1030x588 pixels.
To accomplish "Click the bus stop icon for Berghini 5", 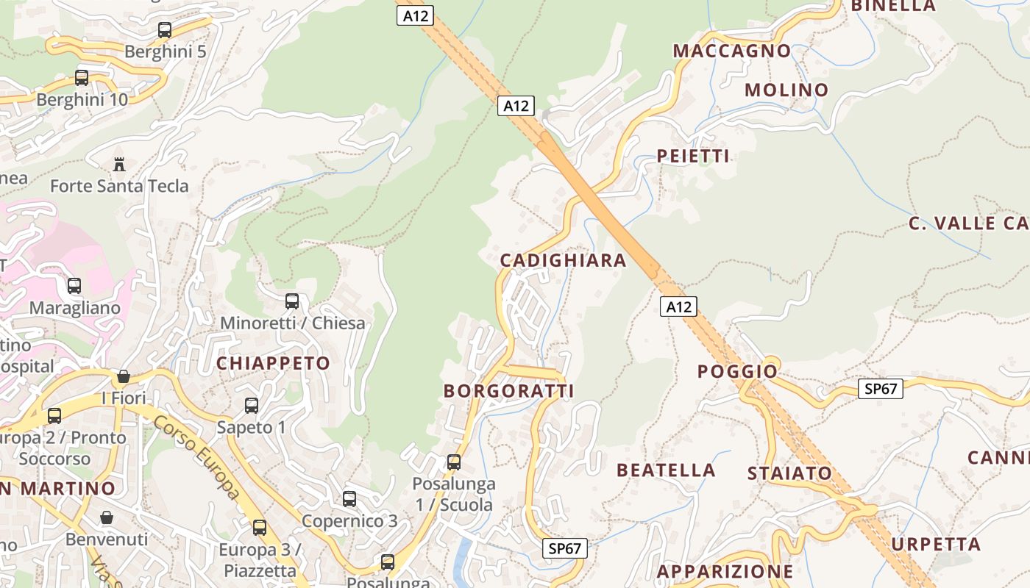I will pyautogui.click(x=165, y=30).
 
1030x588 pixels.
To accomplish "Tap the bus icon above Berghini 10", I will pyautogui.click(x=82, y=78).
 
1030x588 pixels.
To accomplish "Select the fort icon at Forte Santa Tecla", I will pyautogui.click(x=119, y=164).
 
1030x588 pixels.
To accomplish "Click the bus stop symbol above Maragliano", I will pyautogui.click(x=74, y=286).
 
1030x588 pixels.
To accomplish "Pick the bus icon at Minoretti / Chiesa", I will pyautogui.click(x=292, y=301).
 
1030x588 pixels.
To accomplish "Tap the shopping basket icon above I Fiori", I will pyautogui.click(x=124, y=377).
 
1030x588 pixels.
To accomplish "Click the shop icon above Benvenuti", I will pyautogui.click(x=107, y=517).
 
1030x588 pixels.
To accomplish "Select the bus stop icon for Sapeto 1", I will pyautogui.click(x=252, y=406).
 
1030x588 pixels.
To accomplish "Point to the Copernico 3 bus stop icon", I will pyautogui.click(x=349, y=499).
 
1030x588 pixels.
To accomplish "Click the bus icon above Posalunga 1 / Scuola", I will pyautogui.click(x=454, y=462).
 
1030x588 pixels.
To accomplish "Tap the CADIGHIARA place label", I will pyautogui.click(x=563, y=260).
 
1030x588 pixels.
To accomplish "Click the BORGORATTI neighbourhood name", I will pyautogui.click(x=508, y=391).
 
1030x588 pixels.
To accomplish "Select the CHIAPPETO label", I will pyautogui.click(x=273, y=363).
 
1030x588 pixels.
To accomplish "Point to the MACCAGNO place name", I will pyautogui.click(x=731, y=51).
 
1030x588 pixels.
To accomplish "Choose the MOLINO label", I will pyautogui.click(x=786, y=90).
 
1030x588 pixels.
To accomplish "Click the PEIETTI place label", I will pyautogui.click(x=693, y=156).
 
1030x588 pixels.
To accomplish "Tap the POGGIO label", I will pyautogui.click(x=737, y=371).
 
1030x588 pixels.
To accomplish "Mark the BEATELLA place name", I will pyautogui.click(x=666, y=470).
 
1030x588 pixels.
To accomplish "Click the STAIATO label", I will pyautogui.click(x=789, y=473).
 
